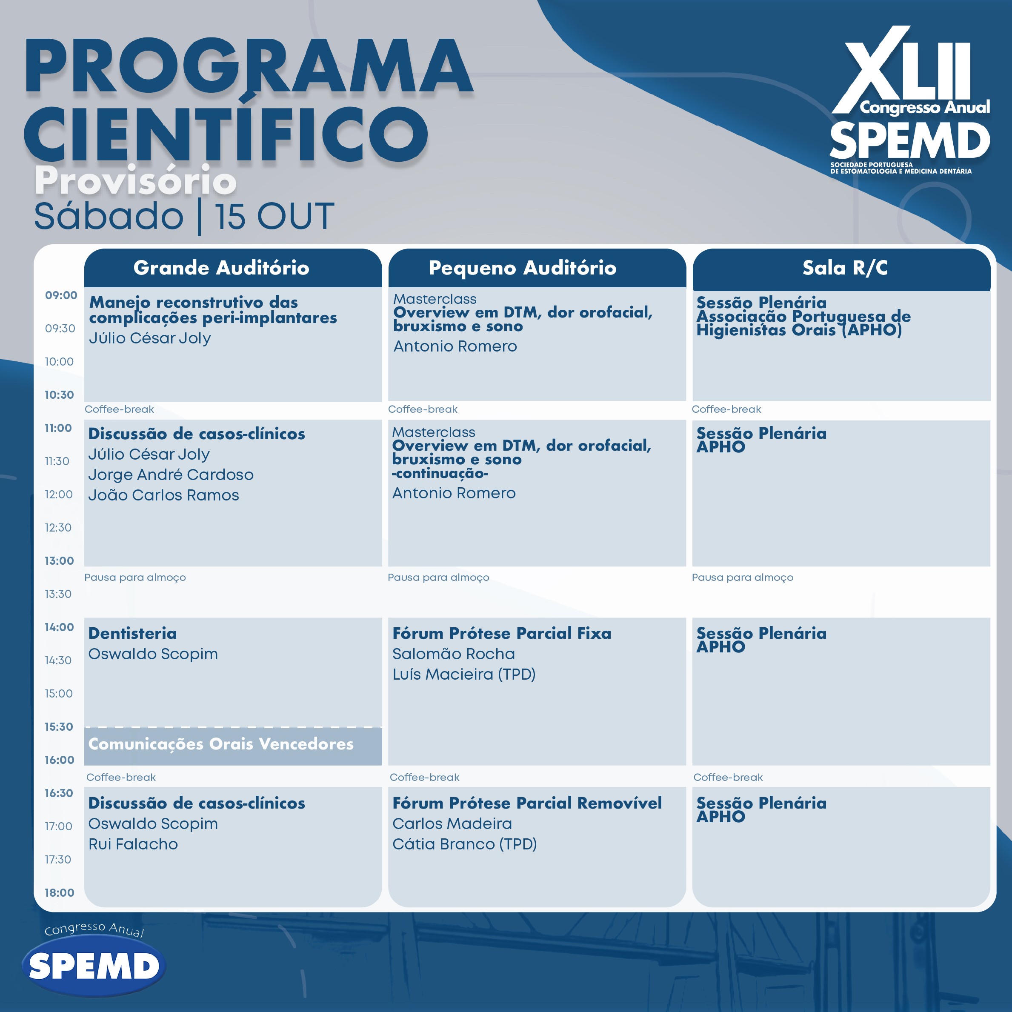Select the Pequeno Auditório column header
click(522, 268)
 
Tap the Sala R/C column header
click(845, 268)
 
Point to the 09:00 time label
click(61, 295)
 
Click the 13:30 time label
click(58, 594)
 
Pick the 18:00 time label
click(59, 892)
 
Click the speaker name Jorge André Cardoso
click(171, 475)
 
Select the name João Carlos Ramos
click(163, 495)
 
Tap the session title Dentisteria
click(132, 633)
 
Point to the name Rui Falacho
click(133, 844)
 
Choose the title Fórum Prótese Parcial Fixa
click(502, 633)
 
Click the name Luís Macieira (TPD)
click(464, 674)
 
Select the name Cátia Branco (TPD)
click(465, 844)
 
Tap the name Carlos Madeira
click(452, 823)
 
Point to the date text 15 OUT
click(274, 216)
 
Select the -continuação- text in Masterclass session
click(440, 474)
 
